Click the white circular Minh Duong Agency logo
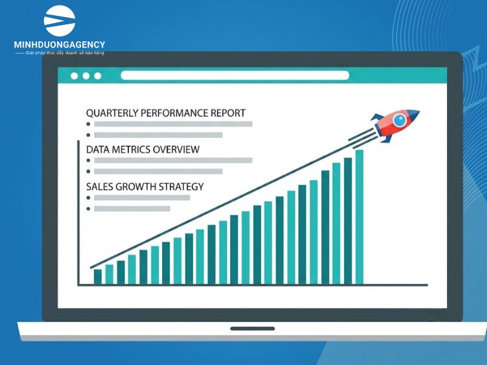tap(59, 21)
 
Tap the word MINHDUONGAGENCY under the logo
tap(59, 44)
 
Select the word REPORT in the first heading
tap(228, 113)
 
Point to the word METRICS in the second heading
tap(131, 150)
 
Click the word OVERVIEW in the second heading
tap(176, 150)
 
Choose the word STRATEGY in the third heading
tap(181, 187)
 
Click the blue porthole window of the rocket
tap(399, 120)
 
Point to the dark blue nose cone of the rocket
tap(413, 114)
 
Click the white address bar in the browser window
tap(235, 75)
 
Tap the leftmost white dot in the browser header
tap(74, 75)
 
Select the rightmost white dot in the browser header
tap(97, 75)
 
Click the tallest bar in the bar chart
tap(359, 217)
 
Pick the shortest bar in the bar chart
tap(98, 277)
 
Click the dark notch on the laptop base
tap(253, 328)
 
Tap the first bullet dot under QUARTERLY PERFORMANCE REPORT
tap(88, 124)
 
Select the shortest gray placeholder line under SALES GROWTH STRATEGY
tap(132, 209)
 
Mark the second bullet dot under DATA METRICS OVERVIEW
tap(88, 172)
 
